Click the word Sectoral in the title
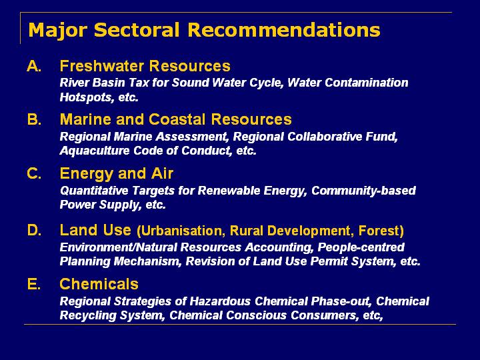137,30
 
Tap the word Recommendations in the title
284,30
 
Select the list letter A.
34,66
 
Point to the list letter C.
34,173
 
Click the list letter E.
34,284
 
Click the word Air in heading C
162,173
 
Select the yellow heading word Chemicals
99,284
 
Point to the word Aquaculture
95,150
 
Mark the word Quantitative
94,191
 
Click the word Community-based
363,191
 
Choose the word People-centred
361,247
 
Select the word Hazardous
220,301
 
